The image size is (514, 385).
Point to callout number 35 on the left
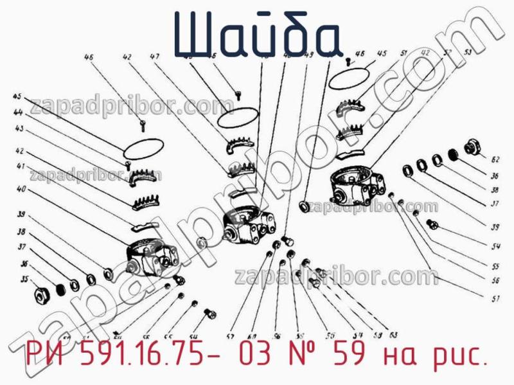pyautogui.click(x=24, y=280)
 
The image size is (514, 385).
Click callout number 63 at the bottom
pyautogui.click(x=393, y=334)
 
